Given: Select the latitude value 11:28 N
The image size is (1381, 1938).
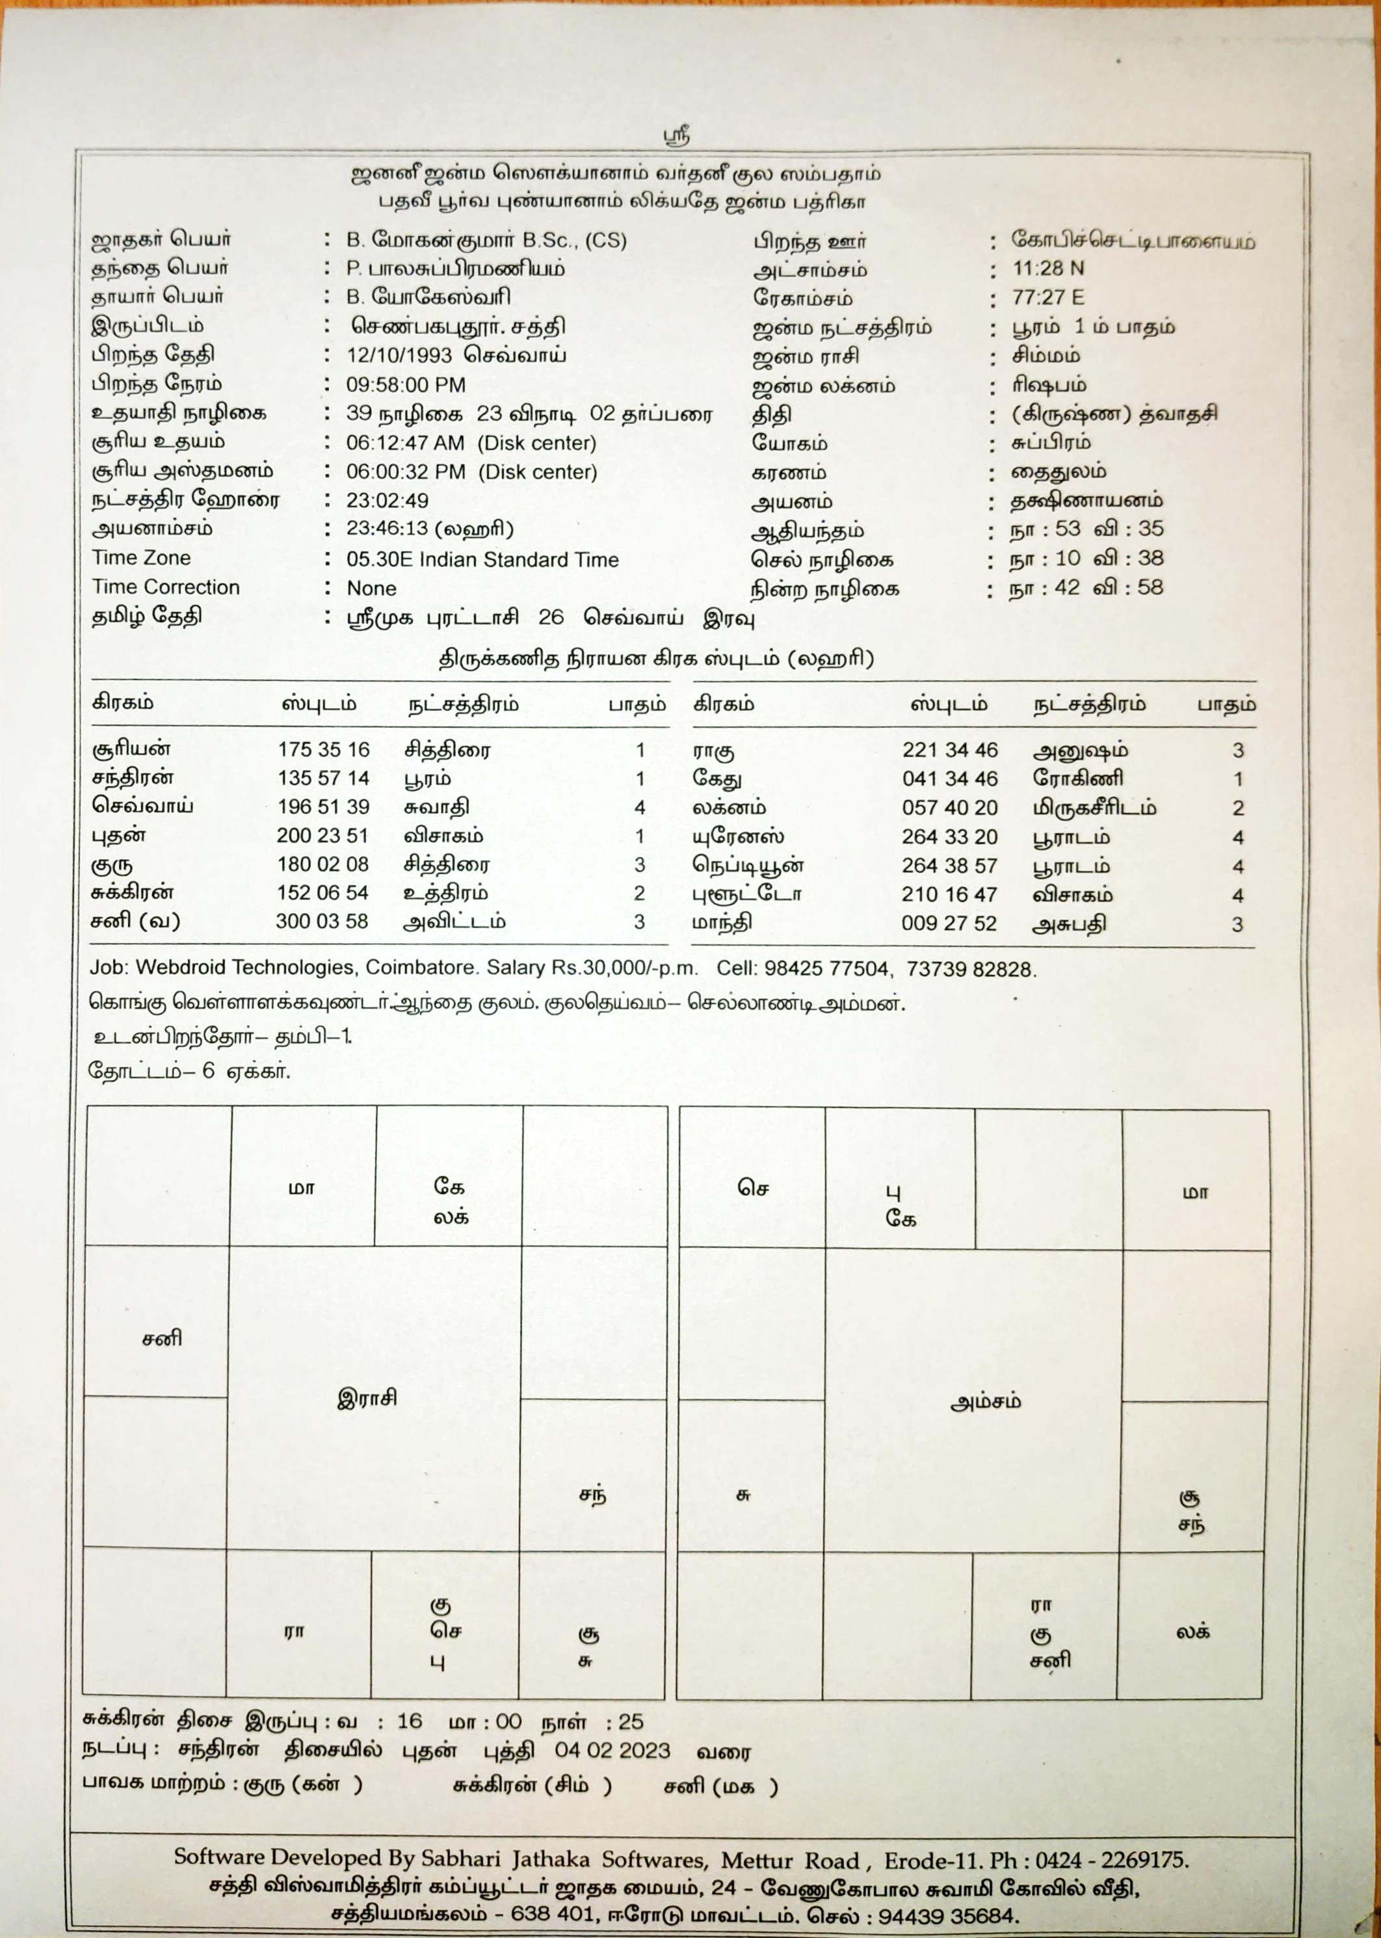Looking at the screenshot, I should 1047,269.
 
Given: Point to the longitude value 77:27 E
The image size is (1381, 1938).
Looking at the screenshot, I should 1047,298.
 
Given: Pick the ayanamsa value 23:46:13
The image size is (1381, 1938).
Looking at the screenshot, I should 387,529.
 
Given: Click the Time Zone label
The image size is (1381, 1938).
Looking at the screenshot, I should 141,558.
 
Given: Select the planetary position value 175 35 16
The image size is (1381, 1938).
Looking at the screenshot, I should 323,750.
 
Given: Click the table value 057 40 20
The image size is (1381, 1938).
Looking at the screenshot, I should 950,808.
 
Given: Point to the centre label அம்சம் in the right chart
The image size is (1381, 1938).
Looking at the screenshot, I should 986,1401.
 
